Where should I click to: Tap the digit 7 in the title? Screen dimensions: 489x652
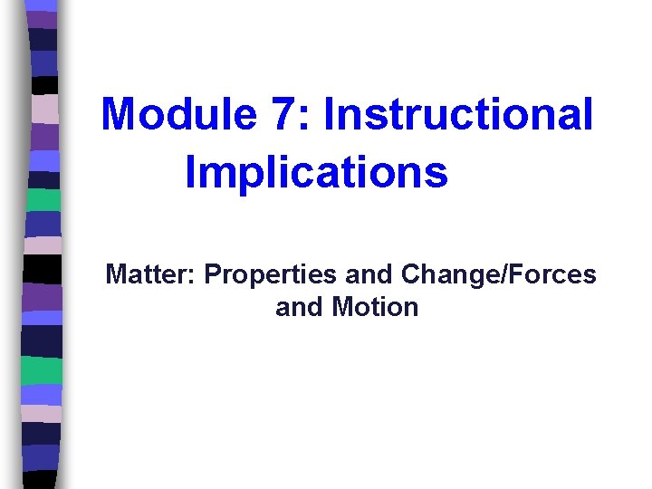point(277,115)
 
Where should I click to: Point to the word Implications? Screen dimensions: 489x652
point(316,172)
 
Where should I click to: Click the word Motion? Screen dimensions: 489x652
point(375,308)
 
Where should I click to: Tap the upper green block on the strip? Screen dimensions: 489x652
point(43,199)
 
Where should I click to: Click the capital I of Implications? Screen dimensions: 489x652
point(189,172)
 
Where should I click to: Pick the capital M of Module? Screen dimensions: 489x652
point(118,115)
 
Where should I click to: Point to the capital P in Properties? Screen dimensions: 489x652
point(213,274)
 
